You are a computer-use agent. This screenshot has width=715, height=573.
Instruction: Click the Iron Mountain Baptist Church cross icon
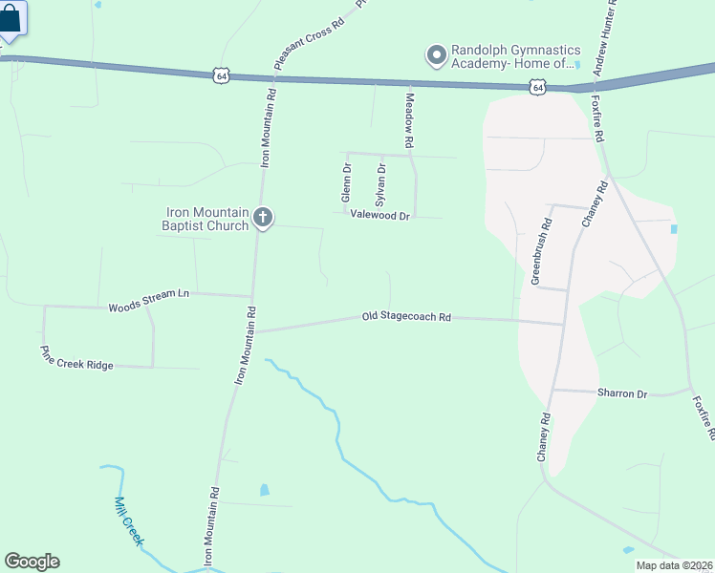pyautogui.click(x=263, y=219)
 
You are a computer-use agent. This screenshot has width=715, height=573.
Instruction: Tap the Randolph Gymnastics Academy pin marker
pyautogui.click(x=436, y=55)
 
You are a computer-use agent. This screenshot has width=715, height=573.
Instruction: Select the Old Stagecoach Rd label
pyautogui.click(x=406, y=316)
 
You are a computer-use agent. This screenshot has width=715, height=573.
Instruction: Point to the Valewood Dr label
pyautogui.click(x=379, y=217)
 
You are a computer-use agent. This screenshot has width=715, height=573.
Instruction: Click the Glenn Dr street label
pyautogui.click(x=347, y=181)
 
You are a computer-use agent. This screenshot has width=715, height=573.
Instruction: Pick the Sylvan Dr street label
pyautogui.click(x=380, y=184)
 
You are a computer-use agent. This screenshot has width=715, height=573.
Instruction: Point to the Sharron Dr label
pyautogui.click(x=622, y=393)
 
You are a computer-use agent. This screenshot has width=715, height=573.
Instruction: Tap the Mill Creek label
pyautogui.click(x=128, y=520)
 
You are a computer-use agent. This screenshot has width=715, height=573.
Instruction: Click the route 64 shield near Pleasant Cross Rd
pyautogui.click(x=222, y=74)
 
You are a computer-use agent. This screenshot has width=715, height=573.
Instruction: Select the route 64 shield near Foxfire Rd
pyautogui.click(x=538, y=88)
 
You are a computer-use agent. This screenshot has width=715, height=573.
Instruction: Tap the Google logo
pyautogui.click(x=32, y=562)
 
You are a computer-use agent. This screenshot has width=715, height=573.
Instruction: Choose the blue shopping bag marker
pyautogui.click(x=11, y=19)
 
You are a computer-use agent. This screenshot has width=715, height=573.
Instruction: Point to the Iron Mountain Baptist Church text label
pyautogui.click(x=205, y=220)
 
